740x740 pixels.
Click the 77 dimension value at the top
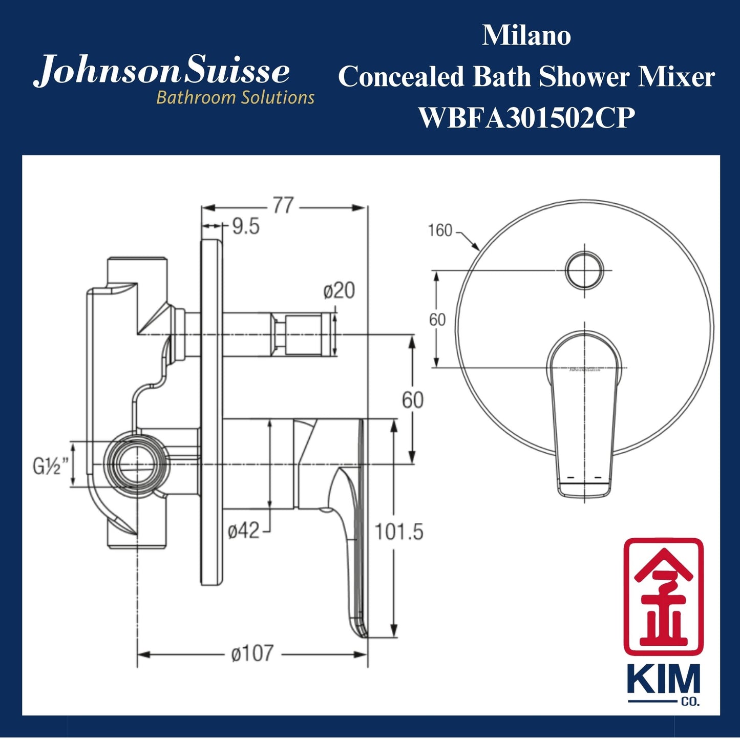283,206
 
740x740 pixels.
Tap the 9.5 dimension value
246,226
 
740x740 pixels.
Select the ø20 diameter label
339,291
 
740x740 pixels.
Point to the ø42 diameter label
244,531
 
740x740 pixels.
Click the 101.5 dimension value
399,533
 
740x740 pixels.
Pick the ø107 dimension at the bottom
252,654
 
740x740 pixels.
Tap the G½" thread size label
50,466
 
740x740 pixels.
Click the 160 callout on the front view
440,230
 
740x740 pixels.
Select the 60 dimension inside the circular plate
437,320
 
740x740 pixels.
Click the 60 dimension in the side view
413,400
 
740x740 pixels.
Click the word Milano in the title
526,36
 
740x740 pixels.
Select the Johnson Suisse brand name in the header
162,72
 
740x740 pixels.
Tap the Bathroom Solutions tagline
235,97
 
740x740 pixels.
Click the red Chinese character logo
663,596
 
